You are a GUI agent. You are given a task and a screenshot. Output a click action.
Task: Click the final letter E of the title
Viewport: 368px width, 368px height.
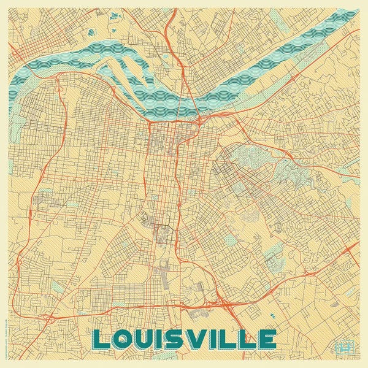pos(267,338)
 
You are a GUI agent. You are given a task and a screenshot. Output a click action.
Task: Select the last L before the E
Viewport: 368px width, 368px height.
pos(248,338)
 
